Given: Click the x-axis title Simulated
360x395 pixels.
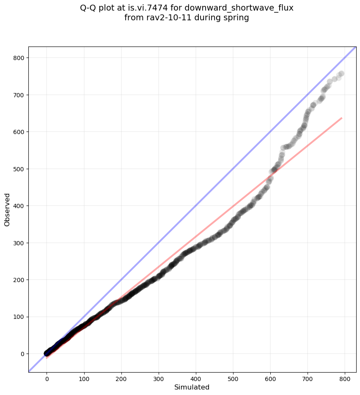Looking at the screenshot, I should (192, 387).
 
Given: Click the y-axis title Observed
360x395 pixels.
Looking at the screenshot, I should (7, 209).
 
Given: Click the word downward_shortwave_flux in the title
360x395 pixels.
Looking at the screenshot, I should (239, 8).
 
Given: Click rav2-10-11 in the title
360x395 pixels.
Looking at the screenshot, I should (162, 18).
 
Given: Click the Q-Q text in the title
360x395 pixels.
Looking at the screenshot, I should (89, 8).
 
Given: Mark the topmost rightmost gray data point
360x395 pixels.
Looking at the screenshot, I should (341, 74).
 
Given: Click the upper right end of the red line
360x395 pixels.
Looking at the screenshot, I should (341, 118).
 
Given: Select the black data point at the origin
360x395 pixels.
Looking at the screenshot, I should (47, 353).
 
